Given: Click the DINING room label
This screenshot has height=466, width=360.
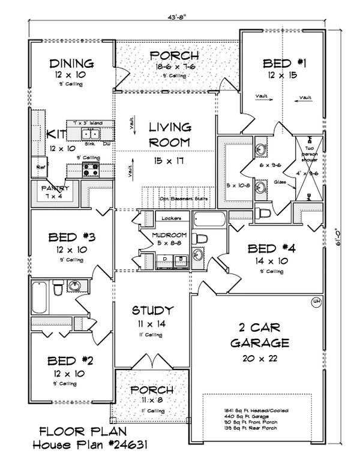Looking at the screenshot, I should pos(71,63).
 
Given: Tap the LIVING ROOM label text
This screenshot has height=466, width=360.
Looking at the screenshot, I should pos(170,135).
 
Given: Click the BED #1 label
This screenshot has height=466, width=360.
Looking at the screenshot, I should pos(284,63).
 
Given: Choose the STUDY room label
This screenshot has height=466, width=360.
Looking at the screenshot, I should pos(153,310).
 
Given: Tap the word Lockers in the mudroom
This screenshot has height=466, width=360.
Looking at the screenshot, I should pos(165,218).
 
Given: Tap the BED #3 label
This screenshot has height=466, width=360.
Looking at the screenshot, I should pos(71,237).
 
